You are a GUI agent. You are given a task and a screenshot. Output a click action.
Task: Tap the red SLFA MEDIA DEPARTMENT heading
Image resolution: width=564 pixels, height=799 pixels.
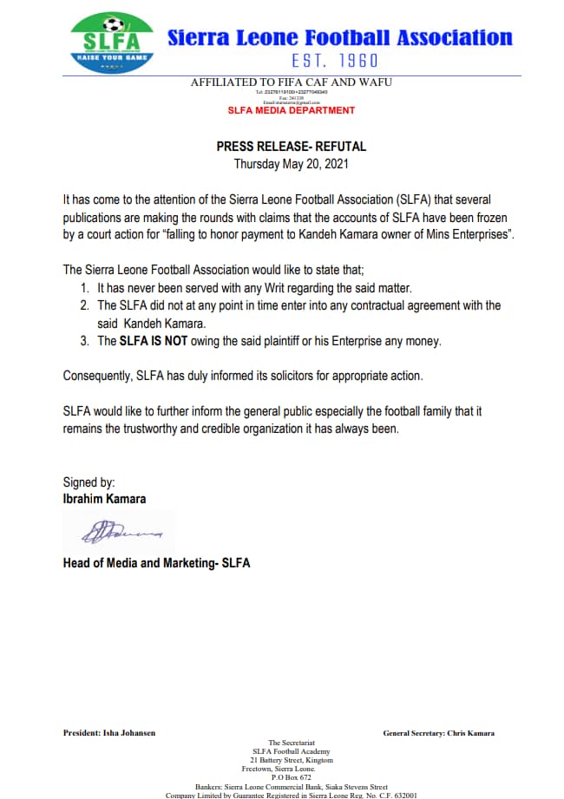(291, 111)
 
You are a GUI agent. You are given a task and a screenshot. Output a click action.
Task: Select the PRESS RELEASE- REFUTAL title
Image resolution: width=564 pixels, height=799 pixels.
(291, 147)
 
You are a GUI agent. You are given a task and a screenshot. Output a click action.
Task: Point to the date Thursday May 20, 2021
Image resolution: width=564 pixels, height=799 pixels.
(291, 164)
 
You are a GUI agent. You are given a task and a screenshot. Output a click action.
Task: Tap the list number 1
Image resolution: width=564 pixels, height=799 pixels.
(84, 287)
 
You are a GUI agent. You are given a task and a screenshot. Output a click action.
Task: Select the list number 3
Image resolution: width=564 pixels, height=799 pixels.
(84, 341)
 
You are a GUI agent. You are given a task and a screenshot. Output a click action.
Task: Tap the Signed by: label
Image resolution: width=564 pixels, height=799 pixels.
(89, 482)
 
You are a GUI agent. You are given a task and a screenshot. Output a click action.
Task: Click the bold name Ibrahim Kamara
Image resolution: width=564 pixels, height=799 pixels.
(104, 499)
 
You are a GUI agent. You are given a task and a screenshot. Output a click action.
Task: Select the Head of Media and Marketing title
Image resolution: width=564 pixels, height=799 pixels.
(156, 563)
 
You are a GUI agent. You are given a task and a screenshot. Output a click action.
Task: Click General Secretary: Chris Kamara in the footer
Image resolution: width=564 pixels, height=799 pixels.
(438, 733)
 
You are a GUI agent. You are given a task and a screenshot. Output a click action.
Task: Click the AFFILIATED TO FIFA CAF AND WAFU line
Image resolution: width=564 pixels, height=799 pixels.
(291, 82)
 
